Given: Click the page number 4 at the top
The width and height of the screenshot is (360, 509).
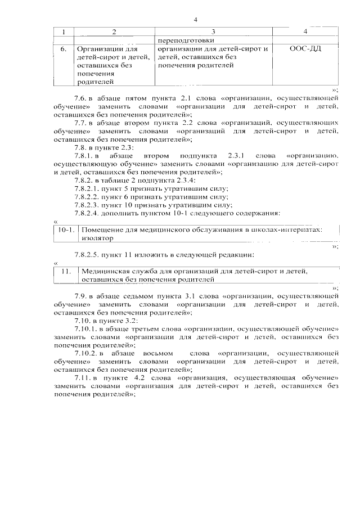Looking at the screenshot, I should tap(195, 20).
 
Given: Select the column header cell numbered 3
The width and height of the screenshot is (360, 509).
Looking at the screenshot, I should tap(213, 31).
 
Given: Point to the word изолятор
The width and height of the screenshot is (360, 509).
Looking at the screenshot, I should tap(97, 238).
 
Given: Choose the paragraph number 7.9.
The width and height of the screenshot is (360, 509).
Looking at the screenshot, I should tap(81, 295).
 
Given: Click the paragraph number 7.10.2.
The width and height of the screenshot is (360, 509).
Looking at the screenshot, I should tap(87, 352).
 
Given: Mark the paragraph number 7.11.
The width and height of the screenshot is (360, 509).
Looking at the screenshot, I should tap(83, 377).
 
